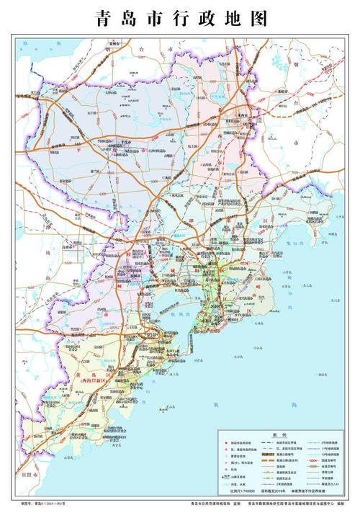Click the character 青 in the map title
coord(99,19)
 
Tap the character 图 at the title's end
coord(260,19)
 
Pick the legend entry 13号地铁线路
coord(325,453)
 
